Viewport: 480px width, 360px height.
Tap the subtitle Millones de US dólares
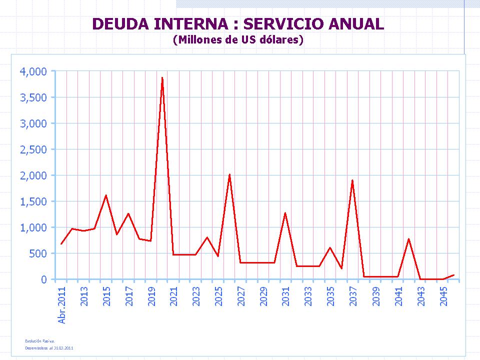(238, 40)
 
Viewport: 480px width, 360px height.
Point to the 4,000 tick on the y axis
(33, 71)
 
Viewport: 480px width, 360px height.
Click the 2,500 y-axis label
(33, 149)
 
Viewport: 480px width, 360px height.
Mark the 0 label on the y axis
(43, 279)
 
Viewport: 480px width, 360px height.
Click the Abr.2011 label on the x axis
(62, 305)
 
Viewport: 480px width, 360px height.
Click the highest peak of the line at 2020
(162, 77)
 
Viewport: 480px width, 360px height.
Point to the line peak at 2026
(229, 174)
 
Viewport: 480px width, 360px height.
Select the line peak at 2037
(352, 180)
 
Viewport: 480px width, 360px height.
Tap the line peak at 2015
(106, 195)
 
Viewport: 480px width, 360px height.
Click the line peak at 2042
(409, 239)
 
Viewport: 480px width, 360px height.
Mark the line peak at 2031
(285, 213)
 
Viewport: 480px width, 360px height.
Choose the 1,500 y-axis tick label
(33, 201)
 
